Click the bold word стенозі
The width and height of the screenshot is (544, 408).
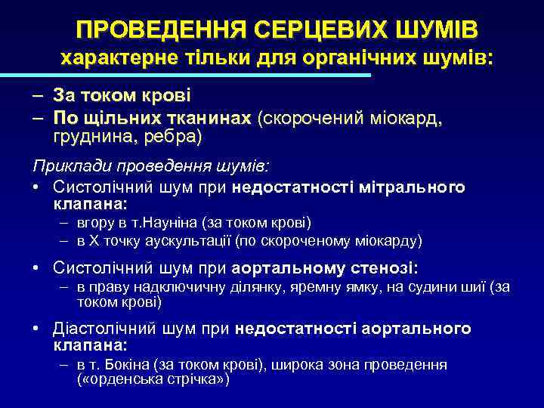click(x=385, y=268)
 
